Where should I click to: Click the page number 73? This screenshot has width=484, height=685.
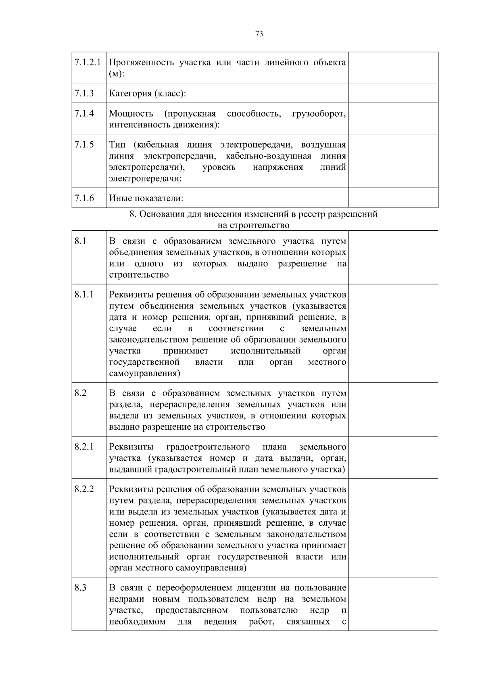point(259,34)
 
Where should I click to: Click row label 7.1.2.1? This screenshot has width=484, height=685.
point(88,63)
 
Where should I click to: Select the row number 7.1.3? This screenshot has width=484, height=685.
point(83,94)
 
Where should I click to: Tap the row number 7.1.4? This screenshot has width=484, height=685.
point(83,113)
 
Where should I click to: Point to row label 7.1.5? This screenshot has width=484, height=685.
point(83,144)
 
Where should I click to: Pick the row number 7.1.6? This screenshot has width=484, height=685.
point(83,198)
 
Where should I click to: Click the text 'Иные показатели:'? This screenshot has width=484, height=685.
point(146,198)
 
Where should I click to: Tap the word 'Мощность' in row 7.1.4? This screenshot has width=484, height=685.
point(131,114)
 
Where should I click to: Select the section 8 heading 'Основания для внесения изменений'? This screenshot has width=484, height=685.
point(253,214)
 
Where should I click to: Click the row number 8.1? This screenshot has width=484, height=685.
point(80,241)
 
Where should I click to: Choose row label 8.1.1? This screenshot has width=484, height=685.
point(83,294)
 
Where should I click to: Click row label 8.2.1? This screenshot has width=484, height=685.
point(83,447)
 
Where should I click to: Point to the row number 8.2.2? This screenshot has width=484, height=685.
point(84,489)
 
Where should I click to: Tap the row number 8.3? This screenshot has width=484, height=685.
point(80,588)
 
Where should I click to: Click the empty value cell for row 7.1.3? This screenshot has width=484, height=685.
point(393,93)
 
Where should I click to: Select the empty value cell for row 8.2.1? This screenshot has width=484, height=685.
point(393,457)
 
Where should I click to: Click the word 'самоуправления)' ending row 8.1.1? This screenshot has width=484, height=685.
point(145,374)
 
